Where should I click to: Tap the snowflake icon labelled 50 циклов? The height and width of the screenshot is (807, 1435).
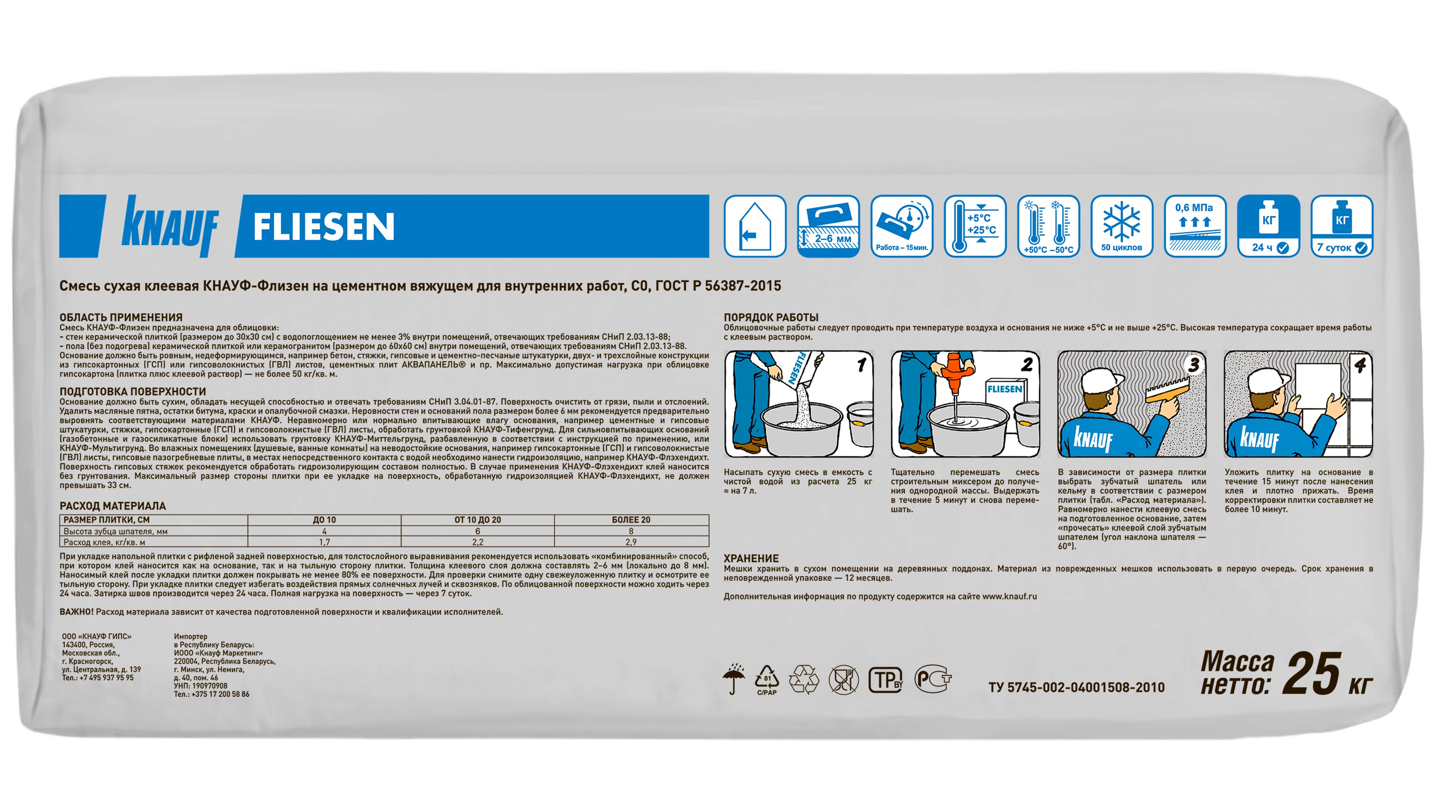click(x=1121, y=226)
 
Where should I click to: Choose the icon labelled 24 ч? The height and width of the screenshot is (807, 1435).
click(x=1268, y=226)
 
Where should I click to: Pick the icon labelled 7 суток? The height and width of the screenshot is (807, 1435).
click(x=1342, y=226)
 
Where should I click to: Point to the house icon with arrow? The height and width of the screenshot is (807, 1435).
click(x=755, y=226)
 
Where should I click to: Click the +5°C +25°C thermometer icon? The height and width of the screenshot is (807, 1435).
click(x=975, y=226)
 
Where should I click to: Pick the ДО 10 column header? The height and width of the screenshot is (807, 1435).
click(x=324, y=520)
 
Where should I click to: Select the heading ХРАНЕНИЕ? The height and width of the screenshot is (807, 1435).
click(x=751, y=559)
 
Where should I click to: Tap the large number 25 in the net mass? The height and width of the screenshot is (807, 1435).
click(x=1313, y=674)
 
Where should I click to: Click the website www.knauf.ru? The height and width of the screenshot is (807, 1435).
click(x=1009, y=597)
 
